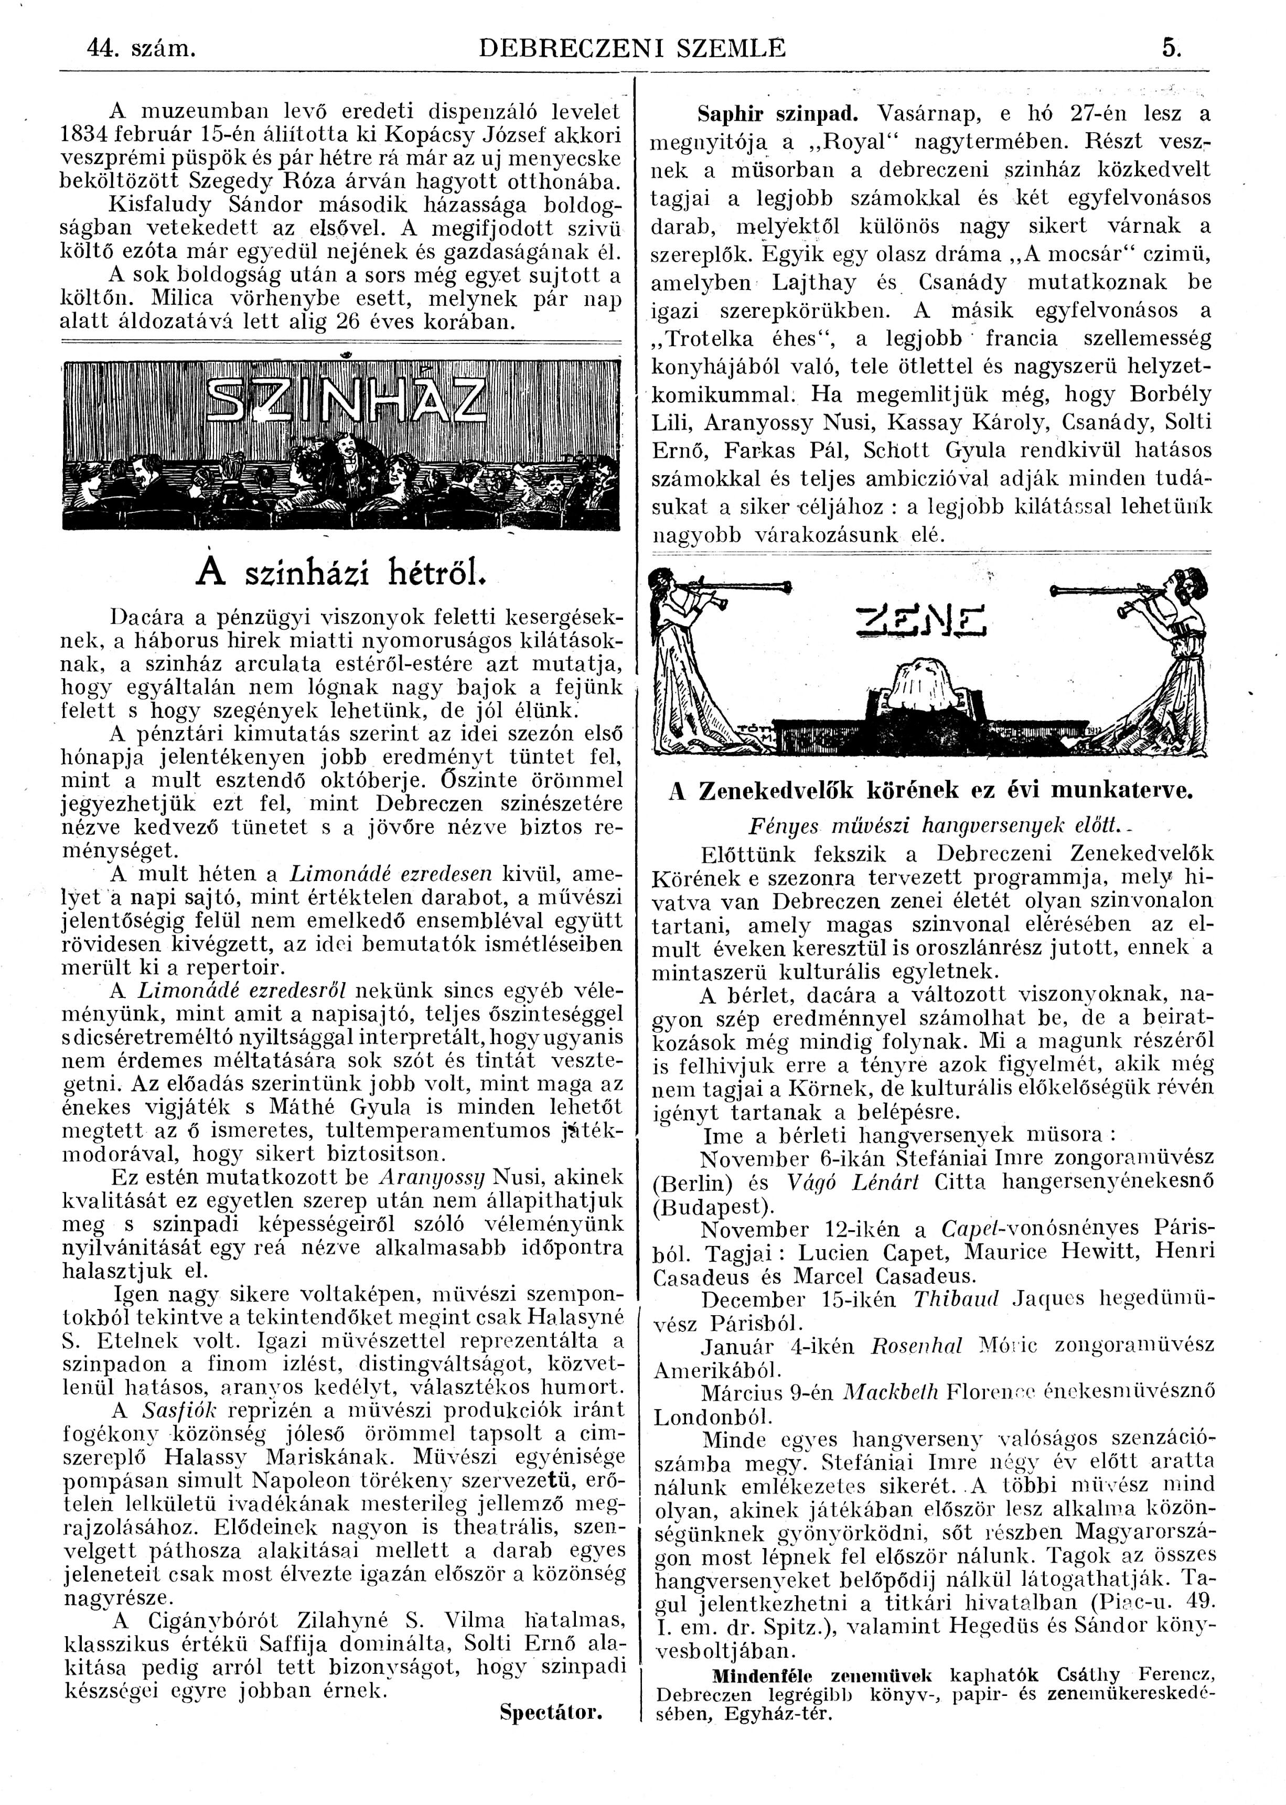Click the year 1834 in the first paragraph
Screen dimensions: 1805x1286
87,135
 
